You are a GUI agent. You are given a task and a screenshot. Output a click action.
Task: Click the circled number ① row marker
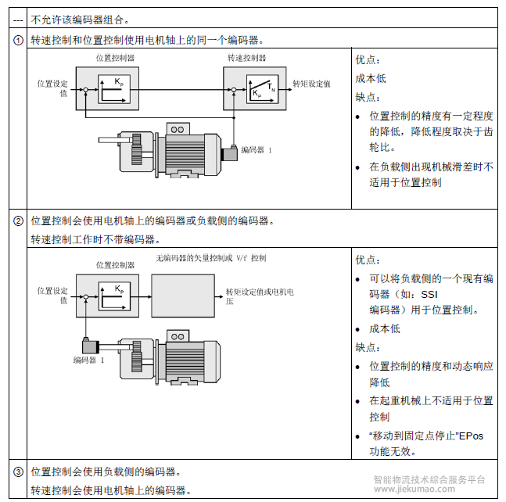[x=17, y=40]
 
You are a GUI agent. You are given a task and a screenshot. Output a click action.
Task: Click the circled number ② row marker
[x=17, y=221]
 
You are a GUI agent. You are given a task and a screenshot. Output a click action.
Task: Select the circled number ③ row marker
[x=17, y=472]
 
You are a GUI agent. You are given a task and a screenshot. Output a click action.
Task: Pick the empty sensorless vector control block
[x=181, y=296]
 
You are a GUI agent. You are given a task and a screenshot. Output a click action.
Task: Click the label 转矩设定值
[x=311, y=83]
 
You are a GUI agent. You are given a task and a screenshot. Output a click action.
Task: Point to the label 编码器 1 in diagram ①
[x=257, y=149]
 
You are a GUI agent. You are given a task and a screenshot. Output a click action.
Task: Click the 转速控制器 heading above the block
[x=246, y=58]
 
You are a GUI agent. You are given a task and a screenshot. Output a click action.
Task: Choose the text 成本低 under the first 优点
[x=371, y=79]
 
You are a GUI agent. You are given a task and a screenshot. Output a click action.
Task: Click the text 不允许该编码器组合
[x=81, y=18]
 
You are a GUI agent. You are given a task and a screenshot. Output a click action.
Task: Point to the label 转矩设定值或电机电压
[x=260, y=295]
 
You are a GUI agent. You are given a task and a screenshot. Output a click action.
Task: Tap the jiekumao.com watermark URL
[x=414, y=489]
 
